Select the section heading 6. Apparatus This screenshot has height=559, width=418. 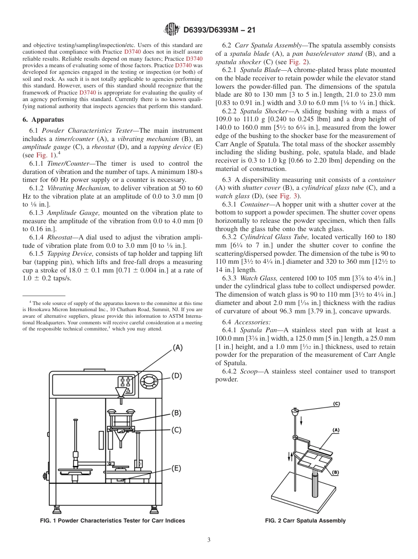(43, 120)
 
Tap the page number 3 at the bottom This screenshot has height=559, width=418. (209, 540)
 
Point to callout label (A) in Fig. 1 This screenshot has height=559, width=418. (177, 348)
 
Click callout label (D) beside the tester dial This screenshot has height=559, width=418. (176, 376)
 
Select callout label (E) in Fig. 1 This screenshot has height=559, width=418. (176, 468)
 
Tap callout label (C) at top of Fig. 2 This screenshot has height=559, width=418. (337, 403)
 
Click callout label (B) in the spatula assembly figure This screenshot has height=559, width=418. (335, 472)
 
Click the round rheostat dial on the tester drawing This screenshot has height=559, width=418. (150, 381)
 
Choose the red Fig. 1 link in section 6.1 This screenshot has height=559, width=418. (44, 155)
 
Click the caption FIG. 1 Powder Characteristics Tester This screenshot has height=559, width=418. (113, 521)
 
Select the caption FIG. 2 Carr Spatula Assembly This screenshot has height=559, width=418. (305, 521)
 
